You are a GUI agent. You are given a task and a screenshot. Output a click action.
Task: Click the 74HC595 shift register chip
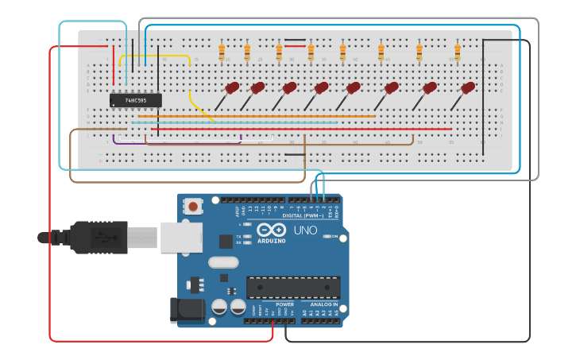tap(136, 100)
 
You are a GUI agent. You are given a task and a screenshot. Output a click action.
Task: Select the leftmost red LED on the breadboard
tap(231, 88)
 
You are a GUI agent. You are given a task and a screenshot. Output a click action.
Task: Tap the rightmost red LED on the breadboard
tap(467, 88)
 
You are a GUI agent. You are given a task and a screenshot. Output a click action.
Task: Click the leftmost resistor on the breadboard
tap(222, 52)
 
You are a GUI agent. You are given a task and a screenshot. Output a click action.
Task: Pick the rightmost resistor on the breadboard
tap(458, 52)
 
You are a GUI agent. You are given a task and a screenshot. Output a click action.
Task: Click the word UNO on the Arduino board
tap(305, 230)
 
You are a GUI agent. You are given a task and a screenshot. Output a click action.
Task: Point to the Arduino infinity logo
tap(271, 230)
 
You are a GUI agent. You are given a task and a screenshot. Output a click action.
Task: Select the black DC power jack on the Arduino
tap(184, 309)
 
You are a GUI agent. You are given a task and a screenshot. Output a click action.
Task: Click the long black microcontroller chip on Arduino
tap(293, 288)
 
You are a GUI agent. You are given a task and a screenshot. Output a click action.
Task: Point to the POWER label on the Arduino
tap(284, 304)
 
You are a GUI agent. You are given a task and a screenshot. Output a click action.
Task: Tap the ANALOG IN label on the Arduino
tap(324, 304)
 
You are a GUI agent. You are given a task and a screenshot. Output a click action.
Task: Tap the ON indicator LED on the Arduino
tap(334, 237)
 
